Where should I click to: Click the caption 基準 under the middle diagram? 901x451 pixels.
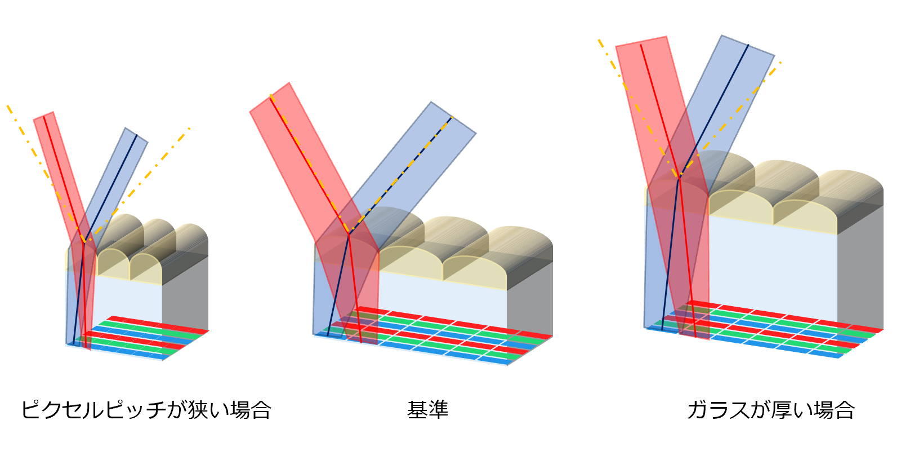click(x=427, y=410)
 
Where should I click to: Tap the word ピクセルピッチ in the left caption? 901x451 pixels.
click(x=93, y=410)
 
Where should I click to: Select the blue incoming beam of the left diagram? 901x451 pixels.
click(x=121, y=169)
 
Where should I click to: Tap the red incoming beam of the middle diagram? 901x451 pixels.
click(x=293, y=147)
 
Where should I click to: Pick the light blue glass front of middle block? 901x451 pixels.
click(x=439, y=299)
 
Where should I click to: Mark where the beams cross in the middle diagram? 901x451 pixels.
click(x=349, y=232)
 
